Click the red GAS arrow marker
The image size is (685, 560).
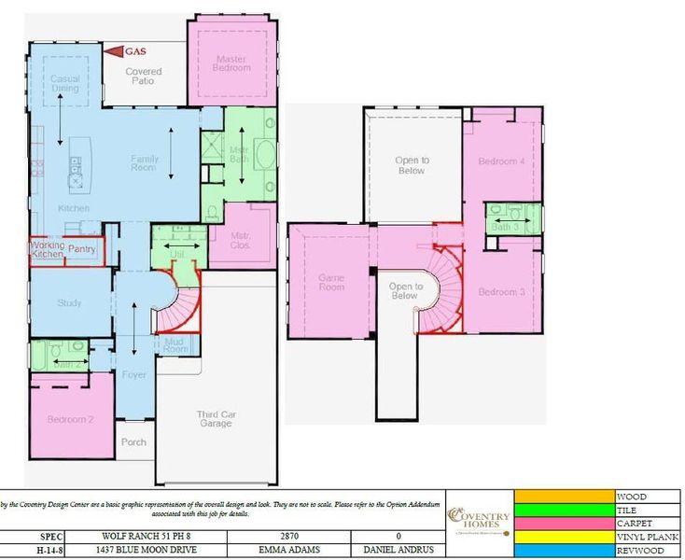click(113, 51)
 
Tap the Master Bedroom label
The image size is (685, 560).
click(231, 63)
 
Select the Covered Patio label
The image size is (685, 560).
click(143, 77)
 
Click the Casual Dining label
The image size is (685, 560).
click(65, 84)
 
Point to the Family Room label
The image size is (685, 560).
click(144, 164)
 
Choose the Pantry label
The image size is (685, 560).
click(82, 249)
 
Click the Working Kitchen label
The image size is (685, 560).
click(47, 249)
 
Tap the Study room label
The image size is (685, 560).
click(70, 302)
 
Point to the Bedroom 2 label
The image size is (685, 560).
click(70, 419)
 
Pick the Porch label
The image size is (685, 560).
click(133, 441)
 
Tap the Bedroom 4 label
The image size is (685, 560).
click(502, 161)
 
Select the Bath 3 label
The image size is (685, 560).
click(504, 226)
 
